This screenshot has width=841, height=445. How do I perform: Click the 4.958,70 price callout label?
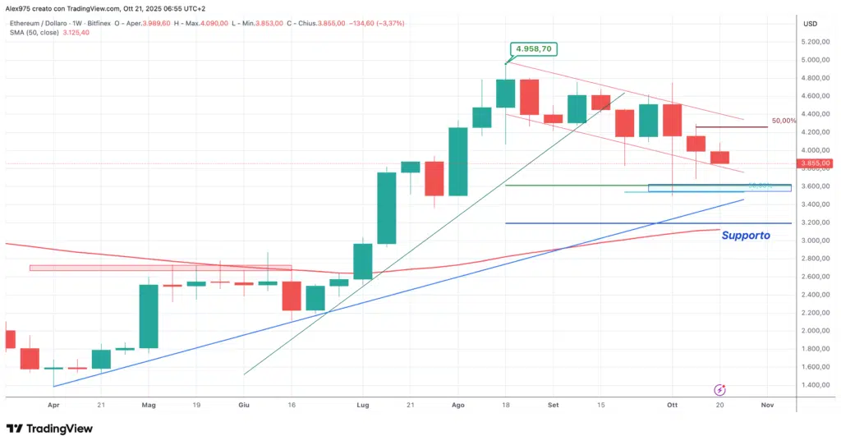534,49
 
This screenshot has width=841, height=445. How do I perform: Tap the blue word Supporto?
746,236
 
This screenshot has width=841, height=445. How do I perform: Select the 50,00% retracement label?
784,122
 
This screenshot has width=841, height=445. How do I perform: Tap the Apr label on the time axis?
53,405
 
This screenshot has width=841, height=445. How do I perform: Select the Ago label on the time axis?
458,405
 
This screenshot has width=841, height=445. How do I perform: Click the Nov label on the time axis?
767,405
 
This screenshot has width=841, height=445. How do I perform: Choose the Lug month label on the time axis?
362,405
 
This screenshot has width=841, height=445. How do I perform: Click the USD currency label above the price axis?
810,23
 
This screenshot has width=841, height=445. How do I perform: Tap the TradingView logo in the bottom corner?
49,429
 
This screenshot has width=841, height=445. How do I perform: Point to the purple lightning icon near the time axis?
719,389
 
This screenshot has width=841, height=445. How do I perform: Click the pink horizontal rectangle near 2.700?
160,268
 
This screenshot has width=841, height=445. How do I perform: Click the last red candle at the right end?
719,157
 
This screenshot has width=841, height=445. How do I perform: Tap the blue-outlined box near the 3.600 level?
719,188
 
